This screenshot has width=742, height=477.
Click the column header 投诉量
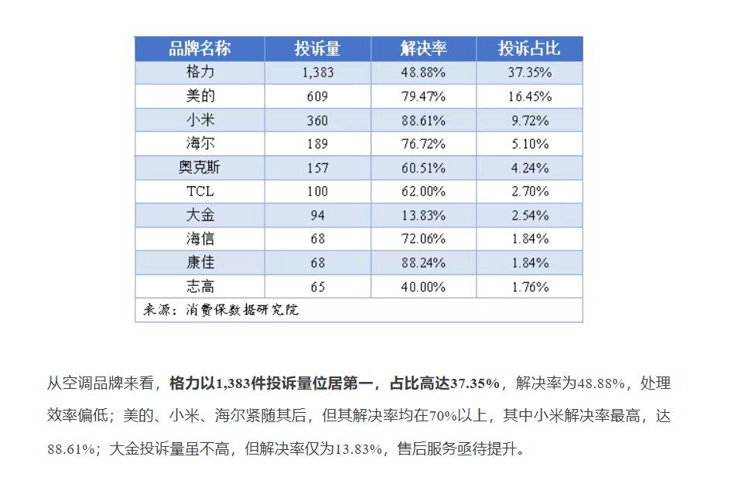[317, 49]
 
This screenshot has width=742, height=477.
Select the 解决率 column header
[423, 49]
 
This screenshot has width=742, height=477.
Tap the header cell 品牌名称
[200, 49]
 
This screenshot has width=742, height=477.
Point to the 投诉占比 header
[529, 49]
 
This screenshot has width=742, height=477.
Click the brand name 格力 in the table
[200, 73]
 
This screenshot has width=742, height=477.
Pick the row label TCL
[200, 192]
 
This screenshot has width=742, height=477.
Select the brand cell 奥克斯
[200, 168]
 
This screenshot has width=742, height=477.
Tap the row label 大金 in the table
[200, 215]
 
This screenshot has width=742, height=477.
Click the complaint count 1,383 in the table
[317, 73]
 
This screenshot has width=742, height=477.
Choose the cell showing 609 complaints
[317, 97]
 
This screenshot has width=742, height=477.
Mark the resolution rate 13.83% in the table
[423, 216]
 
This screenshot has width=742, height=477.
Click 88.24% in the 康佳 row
[423, 263]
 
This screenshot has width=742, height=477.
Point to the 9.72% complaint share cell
[530, 121]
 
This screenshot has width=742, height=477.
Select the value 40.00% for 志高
[423, 287]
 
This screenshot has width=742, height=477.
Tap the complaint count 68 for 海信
[317, 239]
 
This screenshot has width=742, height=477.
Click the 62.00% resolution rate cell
[423, 192]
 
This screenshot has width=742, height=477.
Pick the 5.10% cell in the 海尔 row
[530, 144]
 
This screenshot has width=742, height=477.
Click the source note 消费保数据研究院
[242, 310]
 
